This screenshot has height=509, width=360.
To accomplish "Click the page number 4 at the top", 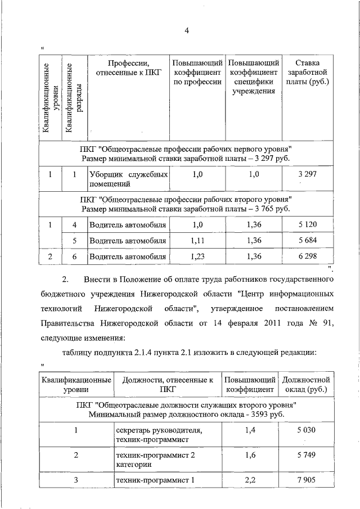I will pos(186,31).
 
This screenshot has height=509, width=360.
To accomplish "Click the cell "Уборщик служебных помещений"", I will pos(128,179).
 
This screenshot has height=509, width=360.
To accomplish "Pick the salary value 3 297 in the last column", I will pos(308,174).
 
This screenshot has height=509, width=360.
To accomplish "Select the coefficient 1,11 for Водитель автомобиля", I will pos(197,241).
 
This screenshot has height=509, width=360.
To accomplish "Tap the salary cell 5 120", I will pos(308,225).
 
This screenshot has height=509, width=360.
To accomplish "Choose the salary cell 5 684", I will pos(308,241).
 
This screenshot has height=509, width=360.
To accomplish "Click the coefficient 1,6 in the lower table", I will pos(251,456).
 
